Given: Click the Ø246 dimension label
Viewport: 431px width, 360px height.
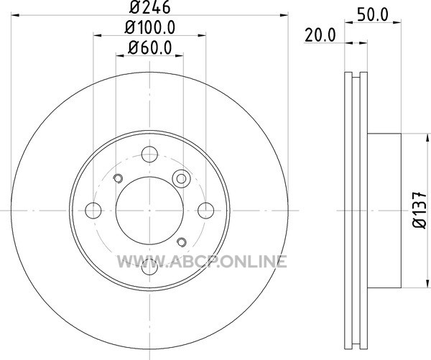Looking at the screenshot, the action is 150,7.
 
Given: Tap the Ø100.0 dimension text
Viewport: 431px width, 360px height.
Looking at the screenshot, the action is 150,28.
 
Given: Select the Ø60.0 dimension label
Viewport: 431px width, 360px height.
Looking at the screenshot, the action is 150,48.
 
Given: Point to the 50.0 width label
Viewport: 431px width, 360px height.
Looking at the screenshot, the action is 373,15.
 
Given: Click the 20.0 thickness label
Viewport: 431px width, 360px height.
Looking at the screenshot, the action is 320,35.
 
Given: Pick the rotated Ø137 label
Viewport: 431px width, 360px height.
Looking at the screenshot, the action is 420,210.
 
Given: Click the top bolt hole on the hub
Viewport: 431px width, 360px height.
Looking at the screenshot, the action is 149,154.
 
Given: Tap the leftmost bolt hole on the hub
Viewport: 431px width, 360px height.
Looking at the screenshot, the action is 93,211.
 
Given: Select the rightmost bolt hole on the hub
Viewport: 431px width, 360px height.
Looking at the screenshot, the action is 206,211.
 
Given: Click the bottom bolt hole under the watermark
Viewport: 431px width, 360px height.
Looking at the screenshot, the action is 149,267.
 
